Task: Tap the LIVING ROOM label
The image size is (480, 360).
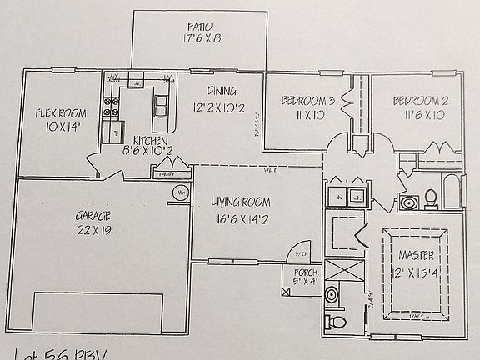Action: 240,201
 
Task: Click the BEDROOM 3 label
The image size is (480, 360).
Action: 307,101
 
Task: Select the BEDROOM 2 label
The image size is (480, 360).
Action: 421,101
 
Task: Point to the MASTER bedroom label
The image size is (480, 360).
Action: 417,254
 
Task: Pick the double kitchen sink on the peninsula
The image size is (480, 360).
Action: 161,104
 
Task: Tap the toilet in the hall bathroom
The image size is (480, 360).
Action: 431,198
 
